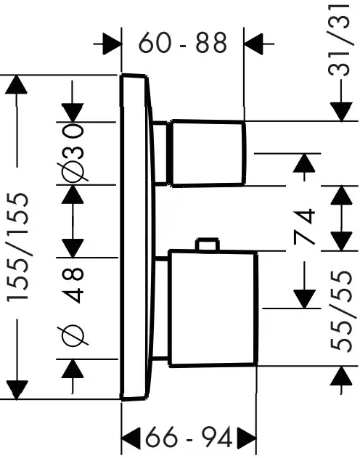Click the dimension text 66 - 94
(188, 438)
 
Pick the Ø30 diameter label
(75, 152)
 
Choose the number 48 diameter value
(74, 286)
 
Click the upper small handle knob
(206, 152)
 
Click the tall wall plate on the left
(136, 236)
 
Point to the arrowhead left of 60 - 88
(110, 44)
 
